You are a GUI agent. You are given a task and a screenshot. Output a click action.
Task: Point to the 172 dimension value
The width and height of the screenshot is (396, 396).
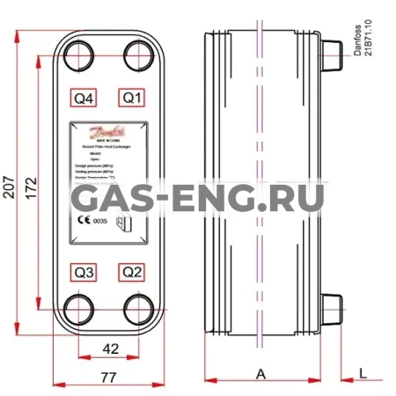[x=31, y=189]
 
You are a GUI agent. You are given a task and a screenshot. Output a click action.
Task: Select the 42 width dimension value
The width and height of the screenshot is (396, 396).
[x=111, y=348]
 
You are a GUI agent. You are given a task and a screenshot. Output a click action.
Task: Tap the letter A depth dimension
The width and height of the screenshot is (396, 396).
[x=260, y=374]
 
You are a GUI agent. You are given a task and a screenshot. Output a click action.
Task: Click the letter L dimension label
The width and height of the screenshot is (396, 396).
[x=363, y=374]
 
